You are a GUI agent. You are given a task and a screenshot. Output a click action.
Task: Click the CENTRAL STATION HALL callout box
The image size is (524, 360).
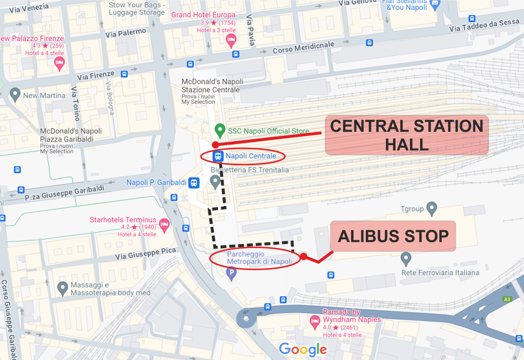407,135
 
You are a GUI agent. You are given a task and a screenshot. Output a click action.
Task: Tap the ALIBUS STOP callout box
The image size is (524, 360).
393,236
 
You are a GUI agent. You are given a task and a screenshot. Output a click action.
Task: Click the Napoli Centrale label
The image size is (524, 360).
251,155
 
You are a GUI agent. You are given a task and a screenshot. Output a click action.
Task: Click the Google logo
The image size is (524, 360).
302,350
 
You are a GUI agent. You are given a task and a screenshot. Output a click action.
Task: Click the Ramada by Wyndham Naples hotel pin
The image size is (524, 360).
315,322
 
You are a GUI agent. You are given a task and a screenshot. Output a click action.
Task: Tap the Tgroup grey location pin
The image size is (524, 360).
432,208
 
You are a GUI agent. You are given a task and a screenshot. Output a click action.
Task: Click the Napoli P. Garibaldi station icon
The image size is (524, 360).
194,183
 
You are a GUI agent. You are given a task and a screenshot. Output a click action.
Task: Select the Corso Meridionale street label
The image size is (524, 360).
303,48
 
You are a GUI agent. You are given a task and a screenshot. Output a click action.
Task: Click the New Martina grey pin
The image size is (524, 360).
15,95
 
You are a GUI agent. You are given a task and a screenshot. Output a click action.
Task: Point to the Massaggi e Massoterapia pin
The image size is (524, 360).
63,288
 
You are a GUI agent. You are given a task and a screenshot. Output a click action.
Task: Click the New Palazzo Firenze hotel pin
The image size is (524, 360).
59,63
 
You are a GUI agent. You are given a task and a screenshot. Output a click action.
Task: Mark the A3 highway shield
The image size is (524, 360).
507,299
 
